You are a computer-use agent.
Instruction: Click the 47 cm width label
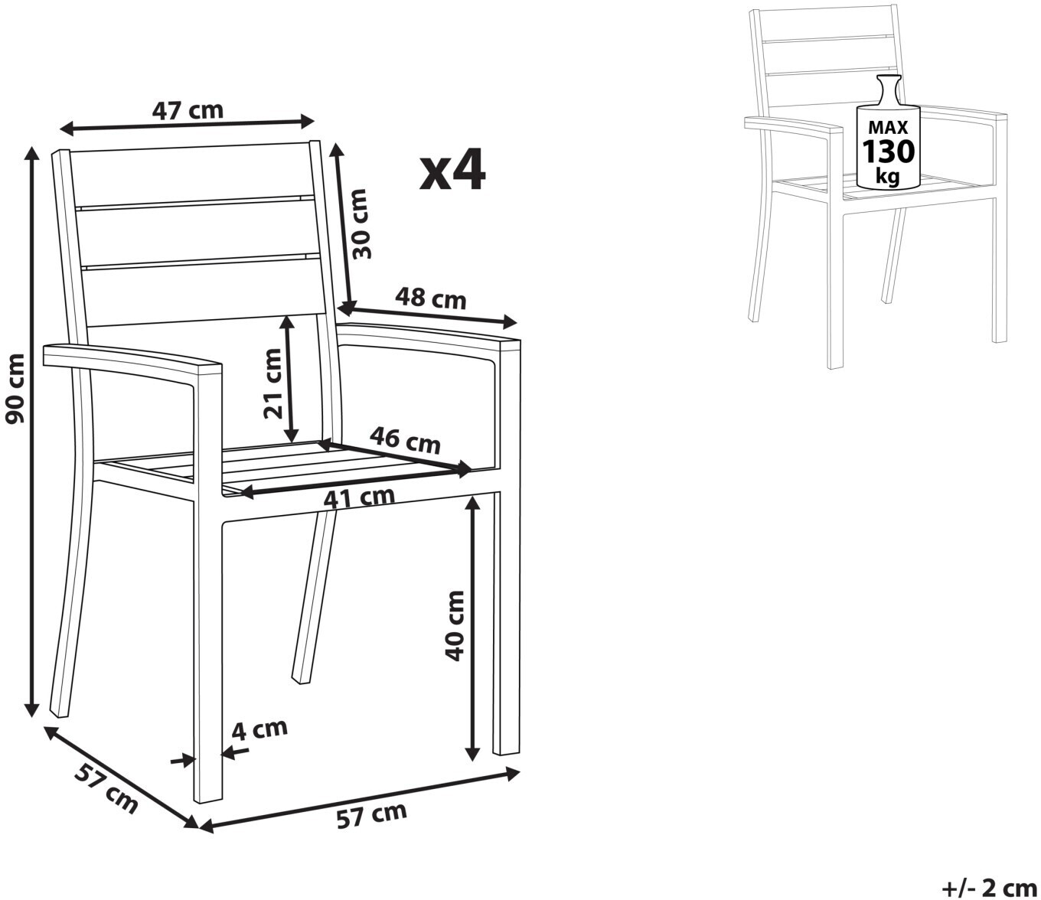point(188,111)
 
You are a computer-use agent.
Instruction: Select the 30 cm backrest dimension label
point(361,223)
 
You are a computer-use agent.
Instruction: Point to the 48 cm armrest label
point(431,298)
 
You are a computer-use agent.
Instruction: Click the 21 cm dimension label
point(273,383)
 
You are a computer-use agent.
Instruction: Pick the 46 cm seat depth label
point(405,440)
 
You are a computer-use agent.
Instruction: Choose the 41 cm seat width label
point(358,497)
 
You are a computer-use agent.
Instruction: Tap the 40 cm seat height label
point(455,626)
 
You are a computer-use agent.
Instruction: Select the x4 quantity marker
point(452,170)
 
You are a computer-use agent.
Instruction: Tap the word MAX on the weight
point(888,126)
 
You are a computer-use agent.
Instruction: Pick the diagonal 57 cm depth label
point(106,792)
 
